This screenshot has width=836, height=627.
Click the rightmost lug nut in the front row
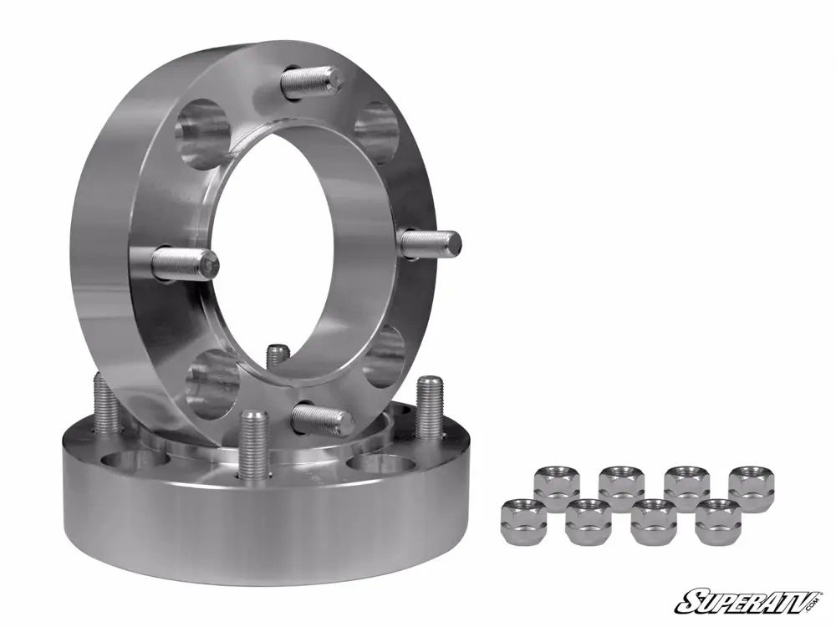(x=718, y=519)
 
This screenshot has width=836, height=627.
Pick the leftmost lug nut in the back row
(x=556, y=484)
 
